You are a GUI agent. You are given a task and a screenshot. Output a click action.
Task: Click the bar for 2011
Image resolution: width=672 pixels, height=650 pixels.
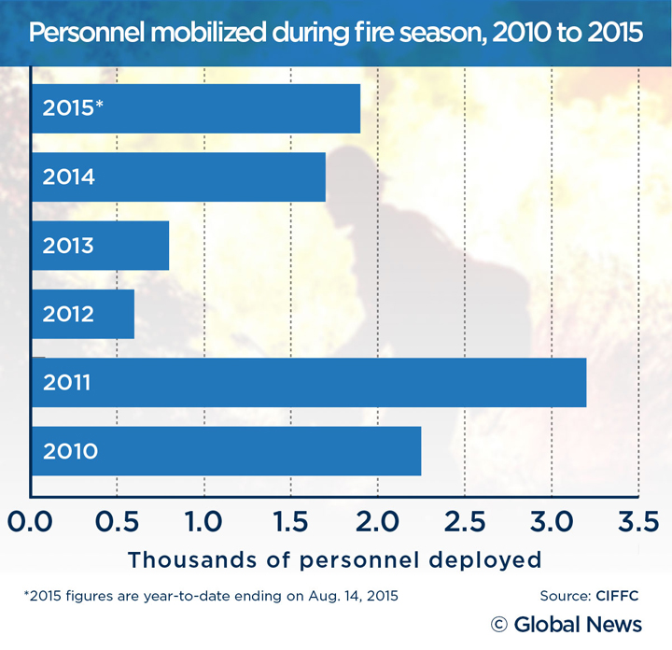coord(308,381)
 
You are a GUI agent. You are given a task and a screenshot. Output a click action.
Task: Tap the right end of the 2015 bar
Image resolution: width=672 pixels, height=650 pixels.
coord(358,107)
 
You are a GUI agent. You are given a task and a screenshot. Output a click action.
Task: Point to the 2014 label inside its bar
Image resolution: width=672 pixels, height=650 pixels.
coord(68,177)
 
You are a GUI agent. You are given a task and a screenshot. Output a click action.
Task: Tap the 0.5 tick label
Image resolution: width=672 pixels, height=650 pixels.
coord(117,518)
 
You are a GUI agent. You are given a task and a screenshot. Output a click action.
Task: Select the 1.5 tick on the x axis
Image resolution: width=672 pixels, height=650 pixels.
coord(290,518)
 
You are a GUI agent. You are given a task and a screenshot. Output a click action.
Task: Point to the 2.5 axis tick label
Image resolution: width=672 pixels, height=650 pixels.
coord(464,518)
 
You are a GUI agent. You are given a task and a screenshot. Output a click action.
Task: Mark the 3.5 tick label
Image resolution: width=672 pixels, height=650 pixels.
coord(637,518)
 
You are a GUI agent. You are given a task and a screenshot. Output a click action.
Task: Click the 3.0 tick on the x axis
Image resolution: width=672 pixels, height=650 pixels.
coord(551,518)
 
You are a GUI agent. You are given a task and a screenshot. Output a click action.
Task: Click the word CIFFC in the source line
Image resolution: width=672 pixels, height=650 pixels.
coord(616,595)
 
